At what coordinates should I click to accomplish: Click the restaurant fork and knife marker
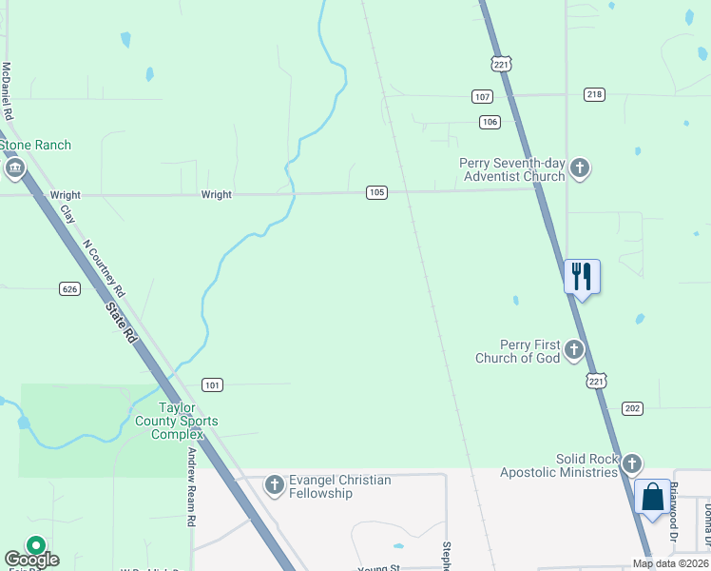click(x=582, y=277)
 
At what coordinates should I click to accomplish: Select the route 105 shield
click(x=376, y=192)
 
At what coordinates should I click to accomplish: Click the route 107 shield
click(x=482, y=97)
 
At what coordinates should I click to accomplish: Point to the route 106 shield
click(x=490, y=122)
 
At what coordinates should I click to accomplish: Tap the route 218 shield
click(x=595, y=94)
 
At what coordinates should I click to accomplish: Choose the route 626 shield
click(x=68, y=288)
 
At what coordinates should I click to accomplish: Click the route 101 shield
click(x=212, y=385)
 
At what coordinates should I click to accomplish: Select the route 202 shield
click(x=633, y=408)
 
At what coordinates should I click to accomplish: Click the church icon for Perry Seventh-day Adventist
click(x=580, y=169)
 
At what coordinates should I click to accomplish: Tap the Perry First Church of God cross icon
click(x=573, y=350)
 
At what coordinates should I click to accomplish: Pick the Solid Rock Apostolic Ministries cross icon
click(x=631, y=464)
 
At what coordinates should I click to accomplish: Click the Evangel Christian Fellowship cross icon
click(x=274, y=486)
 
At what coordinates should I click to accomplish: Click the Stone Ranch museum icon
click(x=14, y=169)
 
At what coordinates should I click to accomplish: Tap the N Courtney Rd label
click(x=105, y=266)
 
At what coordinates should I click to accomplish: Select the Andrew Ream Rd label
click(x=192, y=487)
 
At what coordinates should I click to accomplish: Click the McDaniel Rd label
click(x=7, y=90)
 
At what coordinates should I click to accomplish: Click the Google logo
click(x=31, y=559)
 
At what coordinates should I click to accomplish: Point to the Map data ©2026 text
click(x=669, y=563)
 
